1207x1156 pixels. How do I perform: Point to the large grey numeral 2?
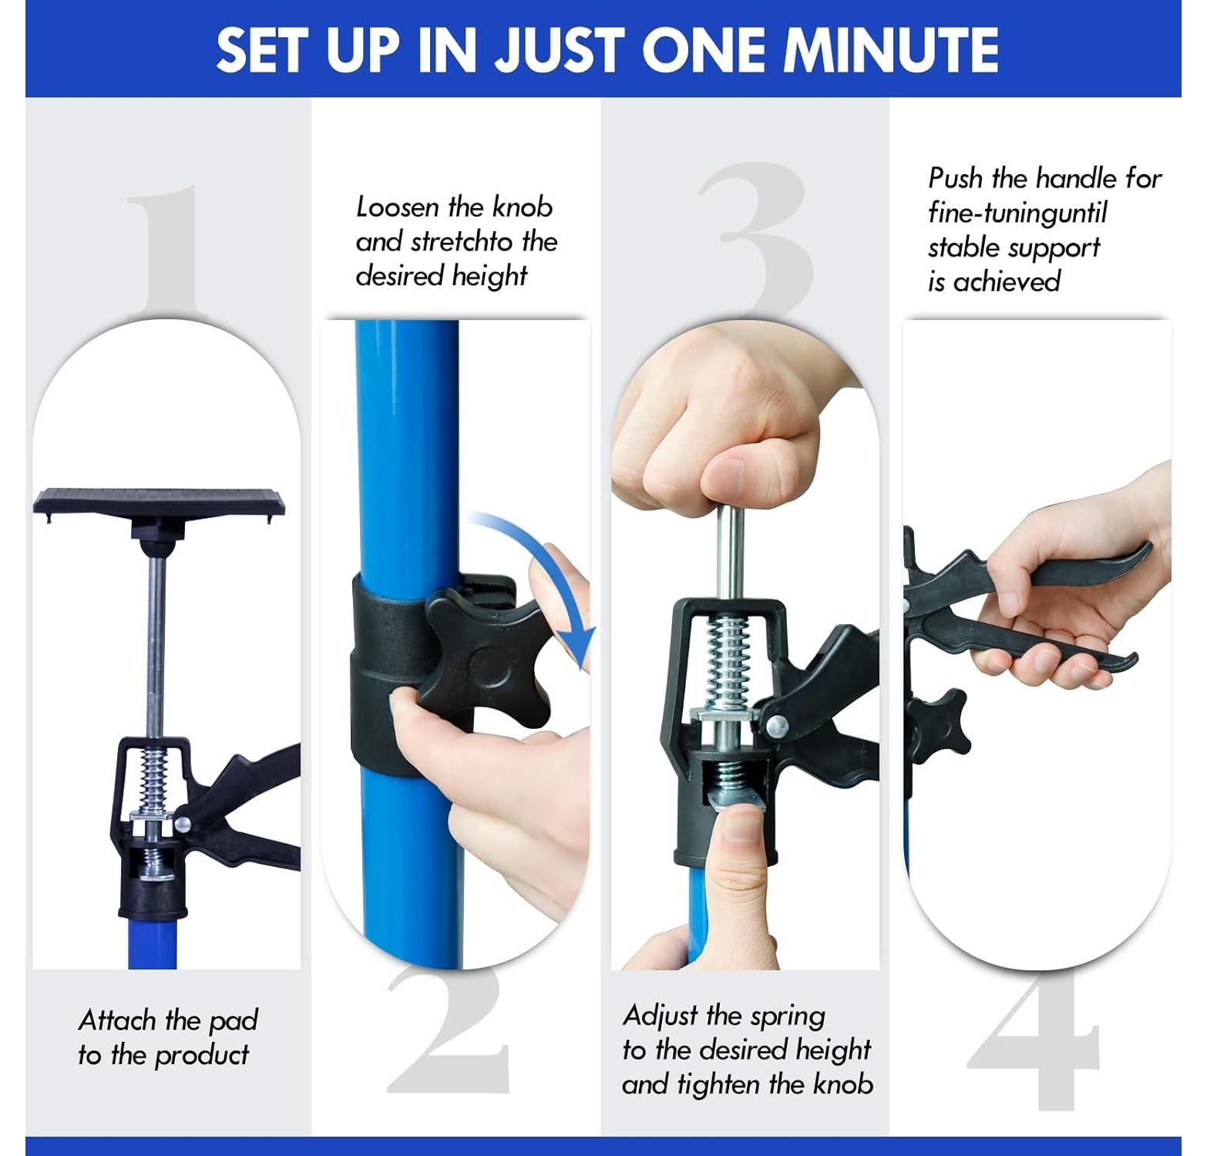[448, 1029]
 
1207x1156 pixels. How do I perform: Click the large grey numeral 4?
[1034, 1044]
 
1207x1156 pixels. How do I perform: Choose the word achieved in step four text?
[1007, 281]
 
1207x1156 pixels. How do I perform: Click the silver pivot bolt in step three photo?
[776, 725]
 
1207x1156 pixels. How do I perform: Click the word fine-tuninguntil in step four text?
[1017, 213]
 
